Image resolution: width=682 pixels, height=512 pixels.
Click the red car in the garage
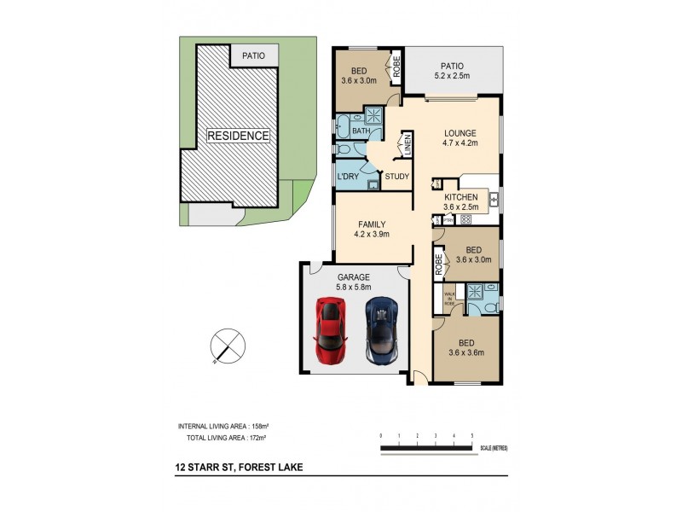click(331, 331)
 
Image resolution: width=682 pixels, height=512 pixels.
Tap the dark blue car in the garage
click(382, 331)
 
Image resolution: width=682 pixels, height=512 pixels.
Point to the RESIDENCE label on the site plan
click(239, 136)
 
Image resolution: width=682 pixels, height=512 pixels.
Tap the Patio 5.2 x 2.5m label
click(452, 69)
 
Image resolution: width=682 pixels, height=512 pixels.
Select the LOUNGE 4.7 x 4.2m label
click(459, 138)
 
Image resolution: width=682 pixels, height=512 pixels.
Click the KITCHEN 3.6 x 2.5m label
click(460, 202)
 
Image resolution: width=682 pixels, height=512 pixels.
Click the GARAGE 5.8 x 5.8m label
click(354, 282)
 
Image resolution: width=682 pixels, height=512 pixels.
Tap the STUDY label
click(397, 177)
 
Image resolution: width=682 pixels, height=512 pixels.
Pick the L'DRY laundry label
click(348, 177)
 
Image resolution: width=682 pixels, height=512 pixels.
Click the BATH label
click(349, 131)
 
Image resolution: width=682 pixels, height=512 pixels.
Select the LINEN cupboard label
click(407, 144)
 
